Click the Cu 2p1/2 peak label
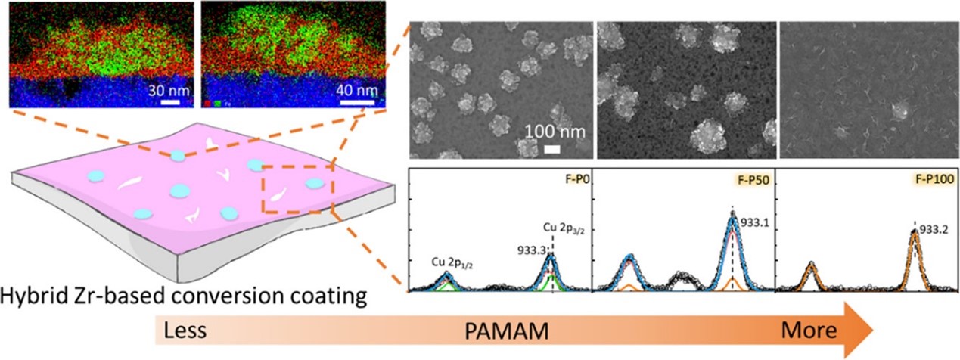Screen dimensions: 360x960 (446, 262)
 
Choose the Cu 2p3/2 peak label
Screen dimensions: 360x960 (560, 231)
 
